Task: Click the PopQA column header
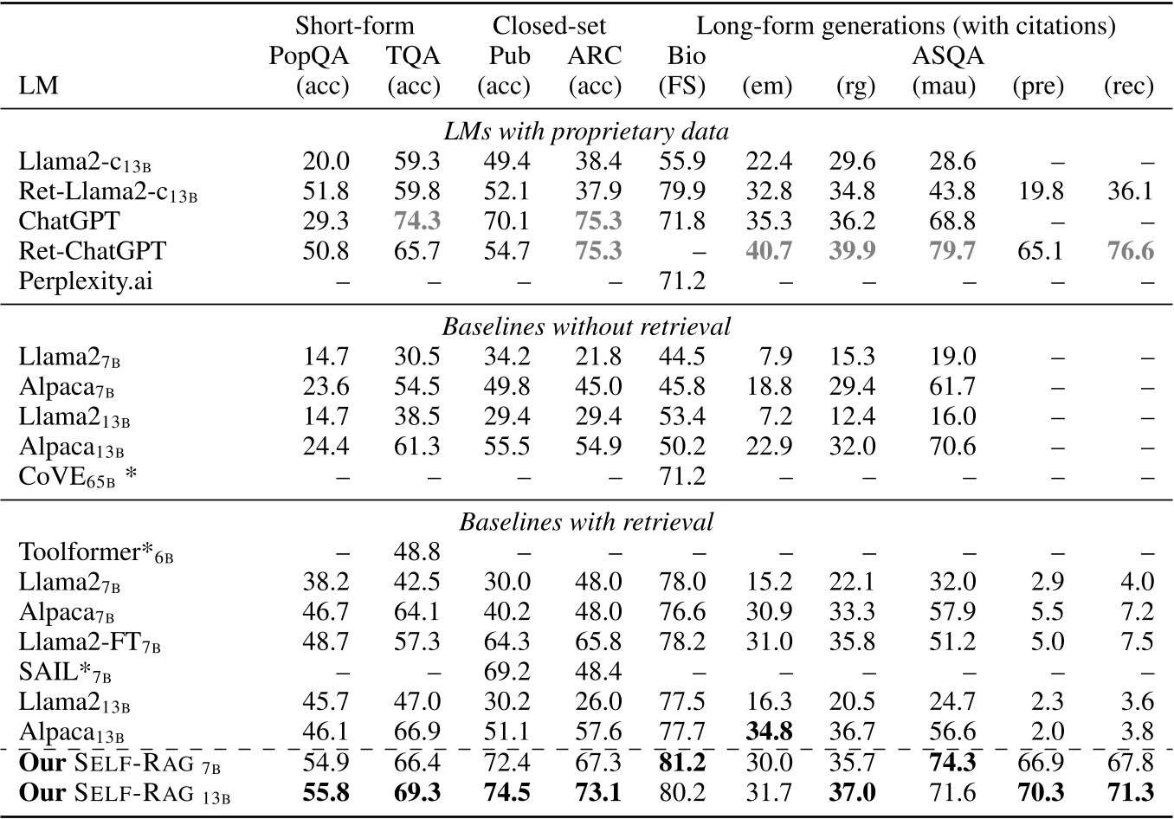pos(309,56)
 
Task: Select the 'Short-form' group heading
pos(354,26)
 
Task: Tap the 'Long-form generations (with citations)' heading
pos(906,26)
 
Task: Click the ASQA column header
pos(948,56)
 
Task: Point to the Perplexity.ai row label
pos(86,281)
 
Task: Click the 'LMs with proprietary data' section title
pos(586,132)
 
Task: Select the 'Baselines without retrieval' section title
pos(586,326)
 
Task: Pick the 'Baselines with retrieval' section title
pos(586,521)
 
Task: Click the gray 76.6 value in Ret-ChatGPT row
pos(1129,251)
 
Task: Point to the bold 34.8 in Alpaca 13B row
pos(768,732)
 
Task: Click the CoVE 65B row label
pos(77,476)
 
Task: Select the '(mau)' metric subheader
pos(944,86)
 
